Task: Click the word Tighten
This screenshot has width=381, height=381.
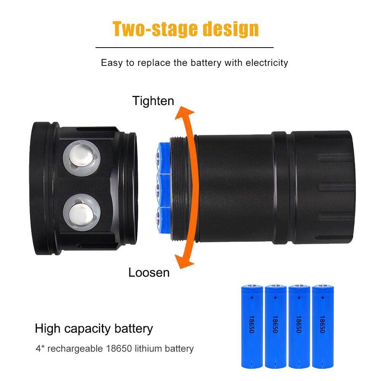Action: click(153, 101)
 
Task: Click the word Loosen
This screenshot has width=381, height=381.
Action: click(149, 273)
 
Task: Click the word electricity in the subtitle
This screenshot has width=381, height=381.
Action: click(267, 63)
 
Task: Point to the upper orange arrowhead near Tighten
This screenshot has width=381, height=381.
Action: click(185, 113)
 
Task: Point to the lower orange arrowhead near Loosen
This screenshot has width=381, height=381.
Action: click(184, 261)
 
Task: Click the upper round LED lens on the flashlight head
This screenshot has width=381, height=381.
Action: click(81, 158)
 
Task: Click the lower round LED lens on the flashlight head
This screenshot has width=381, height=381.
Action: click(81, 212)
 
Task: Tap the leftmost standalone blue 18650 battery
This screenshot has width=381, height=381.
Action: click(252, 326)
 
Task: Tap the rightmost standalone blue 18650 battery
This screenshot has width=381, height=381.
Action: click(323, 326)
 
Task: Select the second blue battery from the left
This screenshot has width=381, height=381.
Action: click(276, 326)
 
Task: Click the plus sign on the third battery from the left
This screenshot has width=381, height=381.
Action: click(299, 298)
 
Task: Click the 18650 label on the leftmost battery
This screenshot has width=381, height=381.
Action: click(252, 324)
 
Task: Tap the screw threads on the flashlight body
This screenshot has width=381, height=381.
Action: click(179, 188)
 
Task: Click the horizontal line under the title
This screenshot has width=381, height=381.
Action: click(185, 48)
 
